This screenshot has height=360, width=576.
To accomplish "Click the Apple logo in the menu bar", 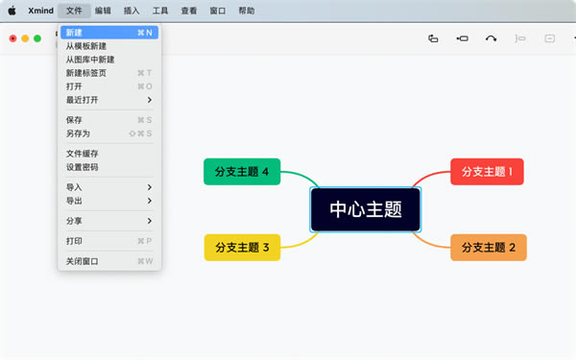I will coord(12,11).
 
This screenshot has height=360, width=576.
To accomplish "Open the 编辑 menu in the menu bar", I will coord(104,11).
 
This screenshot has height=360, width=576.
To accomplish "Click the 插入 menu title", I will coord(132,11).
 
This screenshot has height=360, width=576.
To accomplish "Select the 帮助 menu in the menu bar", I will coord(247,11).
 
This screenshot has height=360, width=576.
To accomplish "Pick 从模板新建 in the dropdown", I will coord(87,46).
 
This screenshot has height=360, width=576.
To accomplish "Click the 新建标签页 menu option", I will coord(87,73).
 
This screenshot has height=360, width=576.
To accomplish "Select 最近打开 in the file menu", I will coord(83,100).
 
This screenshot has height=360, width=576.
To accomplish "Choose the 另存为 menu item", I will coord(78,133).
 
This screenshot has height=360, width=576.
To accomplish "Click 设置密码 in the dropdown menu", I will coord(83,167).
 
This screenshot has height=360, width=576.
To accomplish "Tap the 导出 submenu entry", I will coord(75,201).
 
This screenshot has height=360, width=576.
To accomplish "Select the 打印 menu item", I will coord(75,241).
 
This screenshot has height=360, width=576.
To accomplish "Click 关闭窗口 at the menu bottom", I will coord(83,261).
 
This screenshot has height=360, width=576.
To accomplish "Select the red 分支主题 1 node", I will coord(487,172).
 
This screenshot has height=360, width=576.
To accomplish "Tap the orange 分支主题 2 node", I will coord(489,248).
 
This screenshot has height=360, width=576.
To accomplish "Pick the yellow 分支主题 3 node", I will coord(242,248).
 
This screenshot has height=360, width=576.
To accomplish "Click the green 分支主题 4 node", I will coord(242,172).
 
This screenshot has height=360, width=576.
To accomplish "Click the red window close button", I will coord(13,38).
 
